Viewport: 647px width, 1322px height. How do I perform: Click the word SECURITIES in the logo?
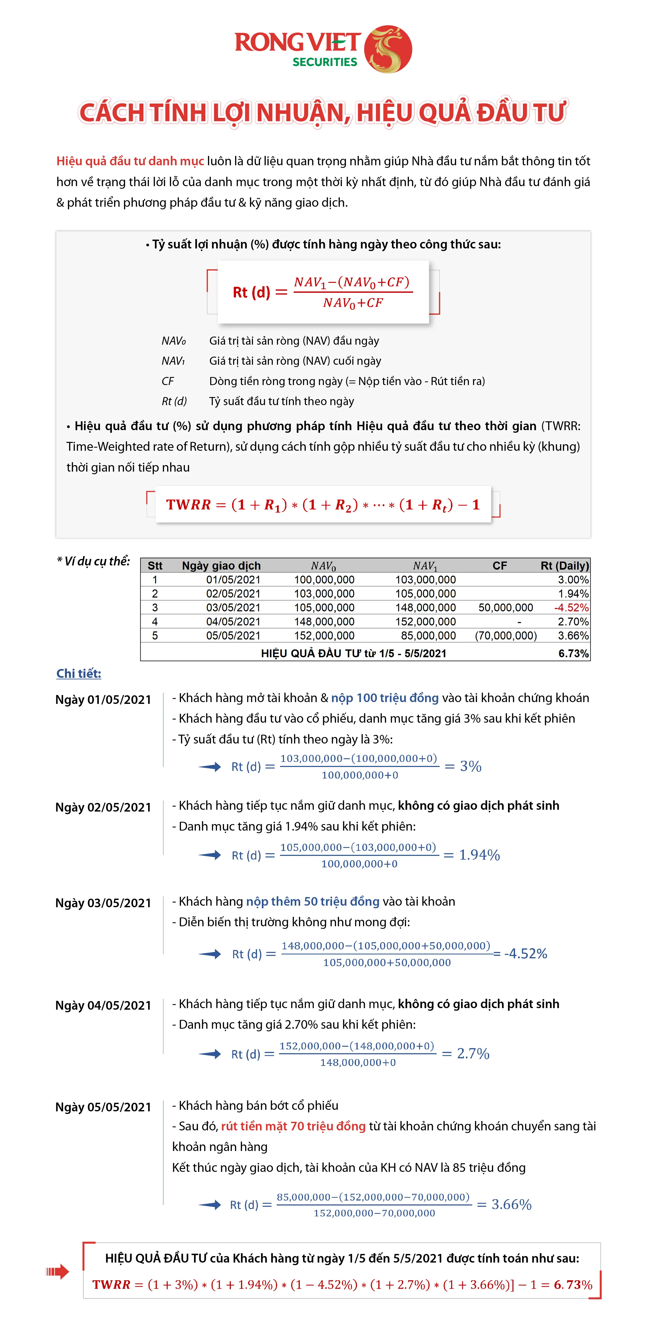324,62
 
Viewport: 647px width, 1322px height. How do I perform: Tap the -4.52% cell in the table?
571,608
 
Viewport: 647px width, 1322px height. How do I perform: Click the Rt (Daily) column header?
564,565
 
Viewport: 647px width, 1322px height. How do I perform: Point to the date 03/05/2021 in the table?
233,608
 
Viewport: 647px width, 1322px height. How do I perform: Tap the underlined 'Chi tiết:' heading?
78,673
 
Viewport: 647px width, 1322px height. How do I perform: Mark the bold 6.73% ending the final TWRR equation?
572,1284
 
